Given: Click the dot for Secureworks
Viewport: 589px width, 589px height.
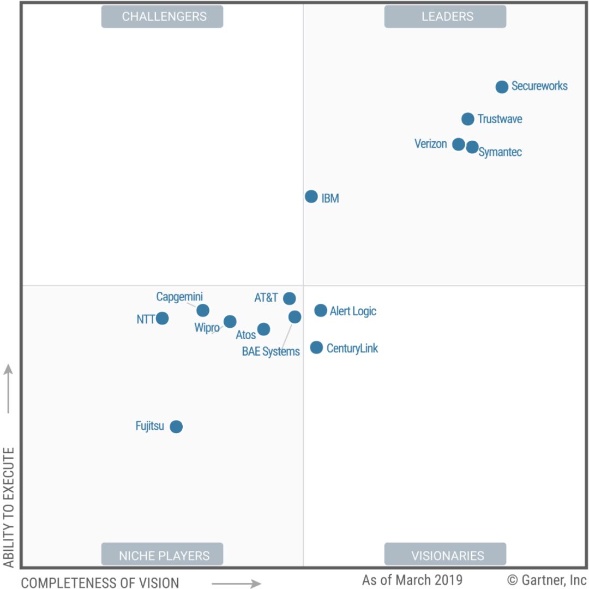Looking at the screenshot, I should pyautogui.click(x=502, y=87).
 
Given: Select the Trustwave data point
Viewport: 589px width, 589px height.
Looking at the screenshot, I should pyautogui.click(x=468, y=119).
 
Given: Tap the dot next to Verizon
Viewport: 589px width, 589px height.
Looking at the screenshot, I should pyautogui.click(x=459, y=145).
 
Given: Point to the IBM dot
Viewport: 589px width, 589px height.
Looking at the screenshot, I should pyautogui.click(x=311, y=197).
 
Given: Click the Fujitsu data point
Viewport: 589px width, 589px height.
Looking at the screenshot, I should pyautogui.click(x=176, y=426).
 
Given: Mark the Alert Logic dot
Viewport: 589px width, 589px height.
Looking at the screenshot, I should pyautogui.click(x=321, y=311).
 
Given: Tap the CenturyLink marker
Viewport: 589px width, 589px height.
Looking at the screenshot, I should pyautogui.click(x=316, y=347).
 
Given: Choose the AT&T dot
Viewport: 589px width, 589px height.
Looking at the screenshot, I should pyautogui.click(x=290, y=298).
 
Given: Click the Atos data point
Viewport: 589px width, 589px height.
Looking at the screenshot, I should pyautogui.click(x=263, y=329).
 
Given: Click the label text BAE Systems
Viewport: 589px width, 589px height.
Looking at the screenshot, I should pyautogui.click(x=271, y=352).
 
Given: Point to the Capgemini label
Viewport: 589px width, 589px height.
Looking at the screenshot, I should pyautogui.click(x=179, y=297).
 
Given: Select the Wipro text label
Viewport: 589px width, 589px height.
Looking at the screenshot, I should pyautogui.click(x=207, y=328).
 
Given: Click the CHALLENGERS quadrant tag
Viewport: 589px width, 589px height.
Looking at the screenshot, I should pyautogui.click(x=163, y=16).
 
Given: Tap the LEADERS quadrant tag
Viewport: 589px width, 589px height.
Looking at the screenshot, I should pyautogui.click(x=445, y=16).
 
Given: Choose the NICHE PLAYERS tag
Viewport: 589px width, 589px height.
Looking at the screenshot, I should pyautogui.click(x=163, y=555).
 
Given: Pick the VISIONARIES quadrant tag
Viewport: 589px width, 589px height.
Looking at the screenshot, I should pyautogui.click(x=445, y=555).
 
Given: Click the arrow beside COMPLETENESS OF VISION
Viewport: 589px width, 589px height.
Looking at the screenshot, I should pyautogui.click(x=236, y=584).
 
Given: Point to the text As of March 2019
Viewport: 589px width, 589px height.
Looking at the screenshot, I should pyautogui.click(x=412, y=579).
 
